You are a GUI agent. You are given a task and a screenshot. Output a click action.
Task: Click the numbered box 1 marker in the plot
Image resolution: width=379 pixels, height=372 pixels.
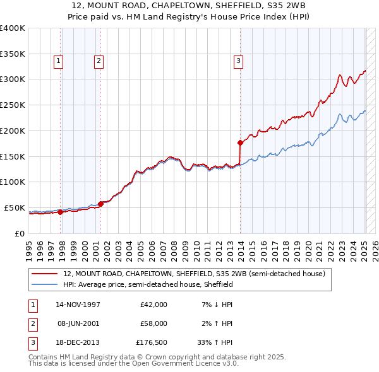(57, 61)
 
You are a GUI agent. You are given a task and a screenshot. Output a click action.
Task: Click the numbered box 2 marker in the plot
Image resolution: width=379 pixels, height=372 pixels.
(99, 61)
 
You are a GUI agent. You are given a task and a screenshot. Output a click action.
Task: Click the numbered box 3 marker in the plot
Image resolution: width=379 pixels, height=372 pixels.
(238, 61)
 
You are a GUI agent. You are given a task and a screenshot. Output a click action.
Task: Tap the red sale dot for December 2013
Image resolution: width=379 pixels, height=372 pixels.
(240, 142)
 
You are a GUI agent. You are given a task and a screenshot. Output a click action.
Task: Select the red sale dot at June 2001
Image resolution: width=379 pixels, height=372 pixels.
(101, 204)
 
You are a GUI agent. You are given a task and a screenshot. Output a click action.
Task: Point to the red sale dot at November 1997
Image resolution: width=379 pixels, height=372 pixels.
(61, 212)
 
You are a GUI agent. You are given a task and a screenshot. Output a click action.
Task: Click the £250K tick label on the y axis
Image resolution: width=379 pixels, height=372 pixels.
(12, 105)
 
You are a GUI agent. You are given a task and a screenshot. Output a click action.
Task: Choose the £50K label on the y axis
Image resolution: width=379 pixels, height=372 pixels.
(15, 207)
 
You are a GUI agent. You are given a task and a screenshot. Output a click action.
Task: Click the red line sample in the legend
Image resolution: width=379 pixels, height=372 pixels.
(45, 274)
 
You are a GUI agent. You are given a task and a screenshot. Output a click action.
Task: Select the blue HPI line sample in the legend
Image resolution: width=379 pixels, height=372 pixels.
(45, 285)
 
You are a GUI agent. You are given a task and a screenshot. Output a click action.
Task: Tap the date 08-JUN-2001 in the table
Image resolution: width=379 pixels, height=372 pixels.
(78, 324)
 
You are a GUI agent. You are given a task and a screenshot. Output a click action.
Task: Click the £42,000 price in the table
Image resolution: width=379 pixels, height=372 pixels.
(153, 304)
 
